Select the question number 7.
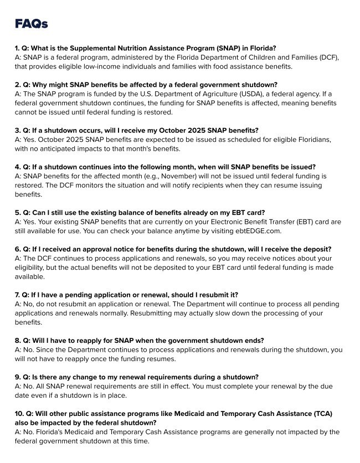(x=17, y=295)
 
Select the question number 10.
(x=19, y=414)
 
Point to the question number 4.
(x=17, y=167)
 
